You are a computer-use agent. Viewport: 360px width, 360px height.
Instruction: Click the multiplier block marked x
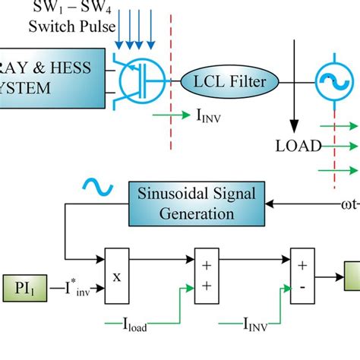tap(117, 277)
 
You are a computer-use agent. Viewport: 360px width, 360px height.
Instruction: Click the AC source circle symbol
tap(329, 80)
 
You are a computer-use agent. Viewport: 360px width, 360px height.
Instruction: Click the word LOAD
tap(298, 145)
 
